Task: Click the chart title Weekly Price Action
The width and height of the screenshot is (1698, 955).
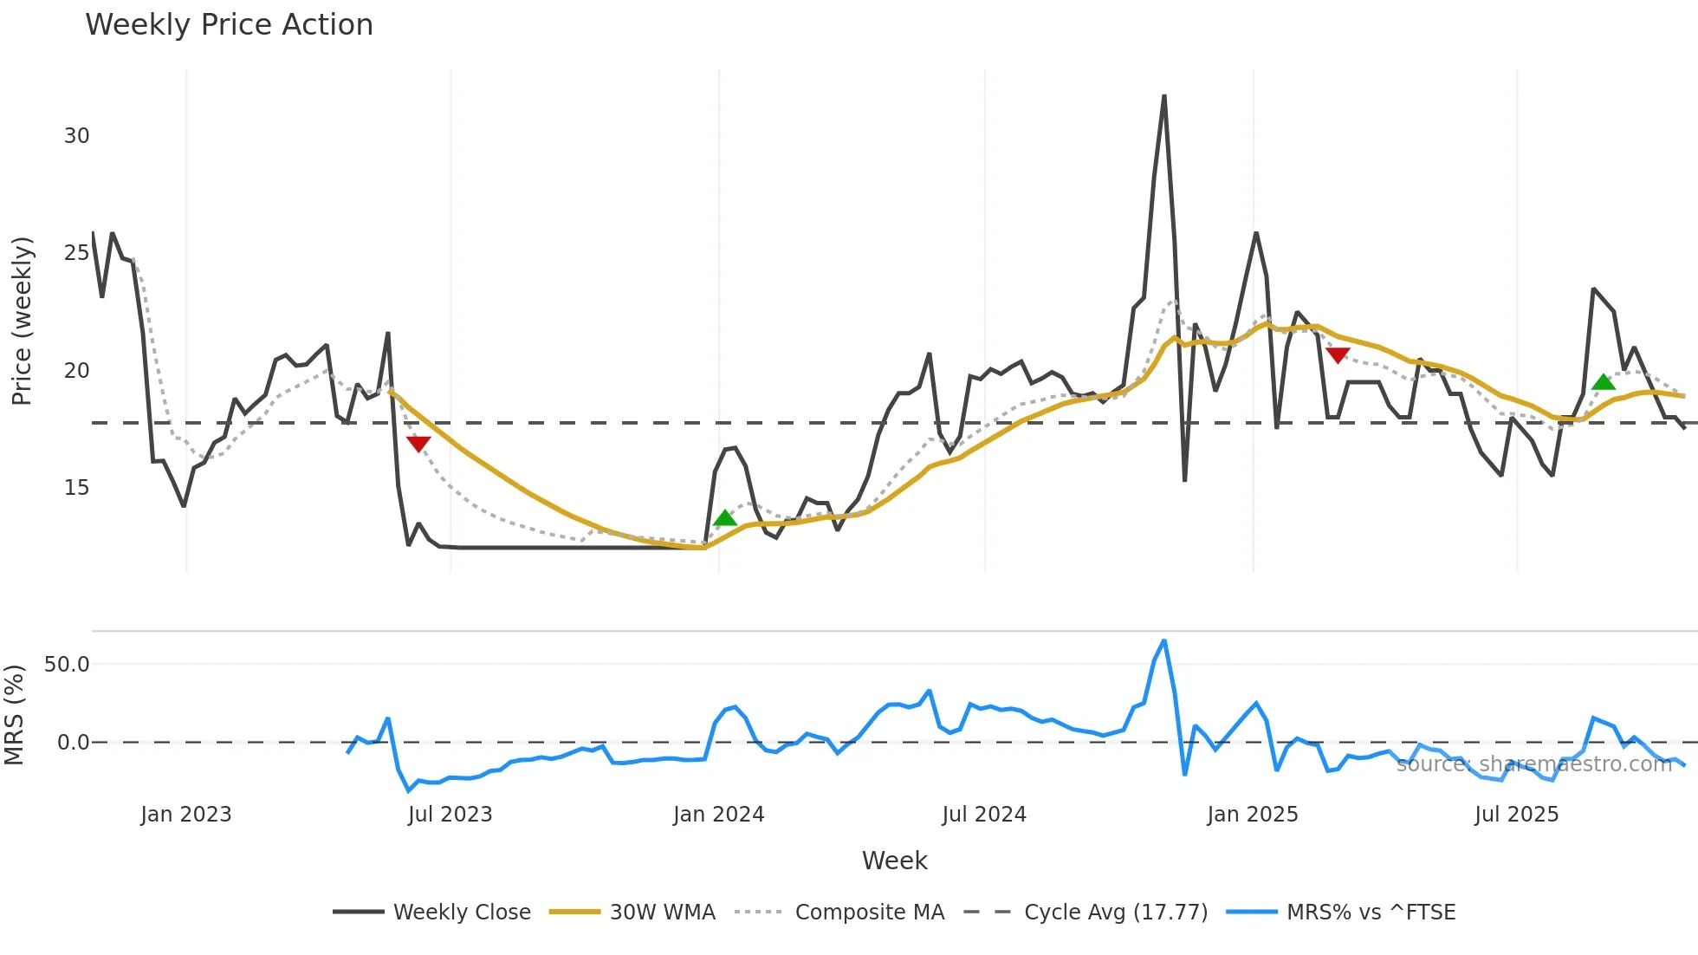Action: (229, 25)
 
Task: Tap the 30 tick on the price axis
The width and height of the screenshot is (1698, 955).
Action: (76, 136)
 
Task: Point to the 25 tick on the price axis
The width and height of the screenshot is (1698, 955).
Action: (76, 253)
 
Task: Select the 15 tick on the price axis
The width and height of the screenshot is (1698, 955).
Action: (76, 488)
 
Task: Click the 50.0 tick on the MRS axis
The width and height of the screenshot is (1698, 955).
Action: (67, 665)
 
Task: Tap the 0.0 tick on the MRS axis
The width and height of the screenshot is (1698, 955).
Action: (73, 743)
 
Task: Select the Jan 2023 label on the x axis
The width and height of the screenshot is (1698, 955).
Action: (186, 815)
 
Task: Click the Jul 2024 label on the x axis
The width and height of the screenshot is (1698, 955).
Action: (984, 815)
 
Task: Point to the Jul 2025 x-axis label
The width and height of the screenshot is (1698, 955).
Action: (1516, 815)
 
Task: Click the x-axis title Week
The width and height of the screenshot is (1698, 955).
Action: (894, 861)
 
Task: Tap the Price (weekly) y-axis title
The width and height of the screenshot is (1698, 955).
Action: (22, 321)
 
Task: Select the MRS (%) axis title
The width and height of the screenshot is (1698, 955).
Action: (14, 715)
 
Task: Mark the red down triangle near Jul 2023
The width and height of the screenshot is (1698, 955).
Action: (418, 444)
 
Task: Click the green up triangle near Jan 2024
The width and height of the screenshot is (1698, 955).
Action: (725, 518)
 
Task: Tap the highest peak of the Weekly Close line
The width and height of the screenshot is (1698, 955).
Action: (1163, 96)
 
